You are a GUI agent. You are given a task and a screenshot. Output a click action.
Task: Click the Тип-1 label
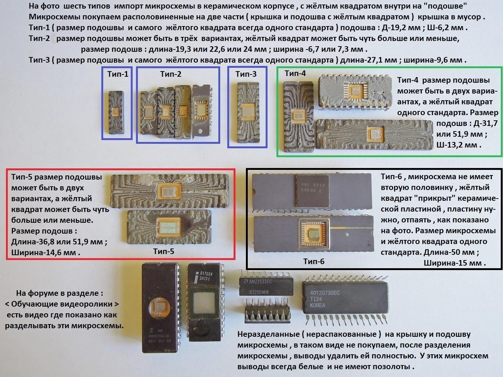[x=118, y=74]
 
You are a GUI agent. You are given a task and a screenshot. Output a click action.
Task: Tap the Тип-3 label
[x=246, y=74]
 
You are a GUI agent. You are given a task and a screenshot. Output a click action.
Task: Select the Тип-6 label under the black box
[x=314, y=262]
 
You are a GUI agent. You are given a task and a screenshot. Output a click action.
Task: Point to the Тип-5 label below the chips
[x=164, y=251]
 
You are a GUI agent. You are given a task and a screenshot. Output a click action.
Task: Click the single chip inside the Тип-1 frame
[x=116, y=112]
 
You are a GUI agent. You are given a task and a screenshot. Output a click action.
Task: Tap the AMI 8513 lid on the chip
[x=312, y=191]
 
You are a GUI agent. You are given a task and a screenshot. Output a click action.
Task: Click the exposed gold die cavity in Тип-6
[x=314, y=234]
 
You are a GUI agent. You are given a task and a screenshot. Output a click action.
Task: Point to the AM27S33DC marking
[x=260, y=282]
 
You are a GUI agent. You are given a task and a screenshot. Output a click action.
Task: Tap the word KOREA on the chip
[x=317, y=305]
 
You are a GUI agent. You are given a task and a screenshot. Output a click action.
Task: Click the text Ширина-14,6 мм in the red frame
[x=45, y=253]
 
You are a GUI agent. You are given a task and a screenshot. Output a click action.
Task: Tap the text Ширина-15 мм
[x=455, y=263]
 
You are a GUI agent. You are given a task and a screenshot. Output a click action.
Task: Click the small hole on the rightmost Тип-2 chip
[x=201, y=132]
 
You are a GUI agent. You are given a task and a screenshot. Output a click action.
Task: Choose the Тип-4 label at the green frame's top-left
[x=295, y=73]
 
